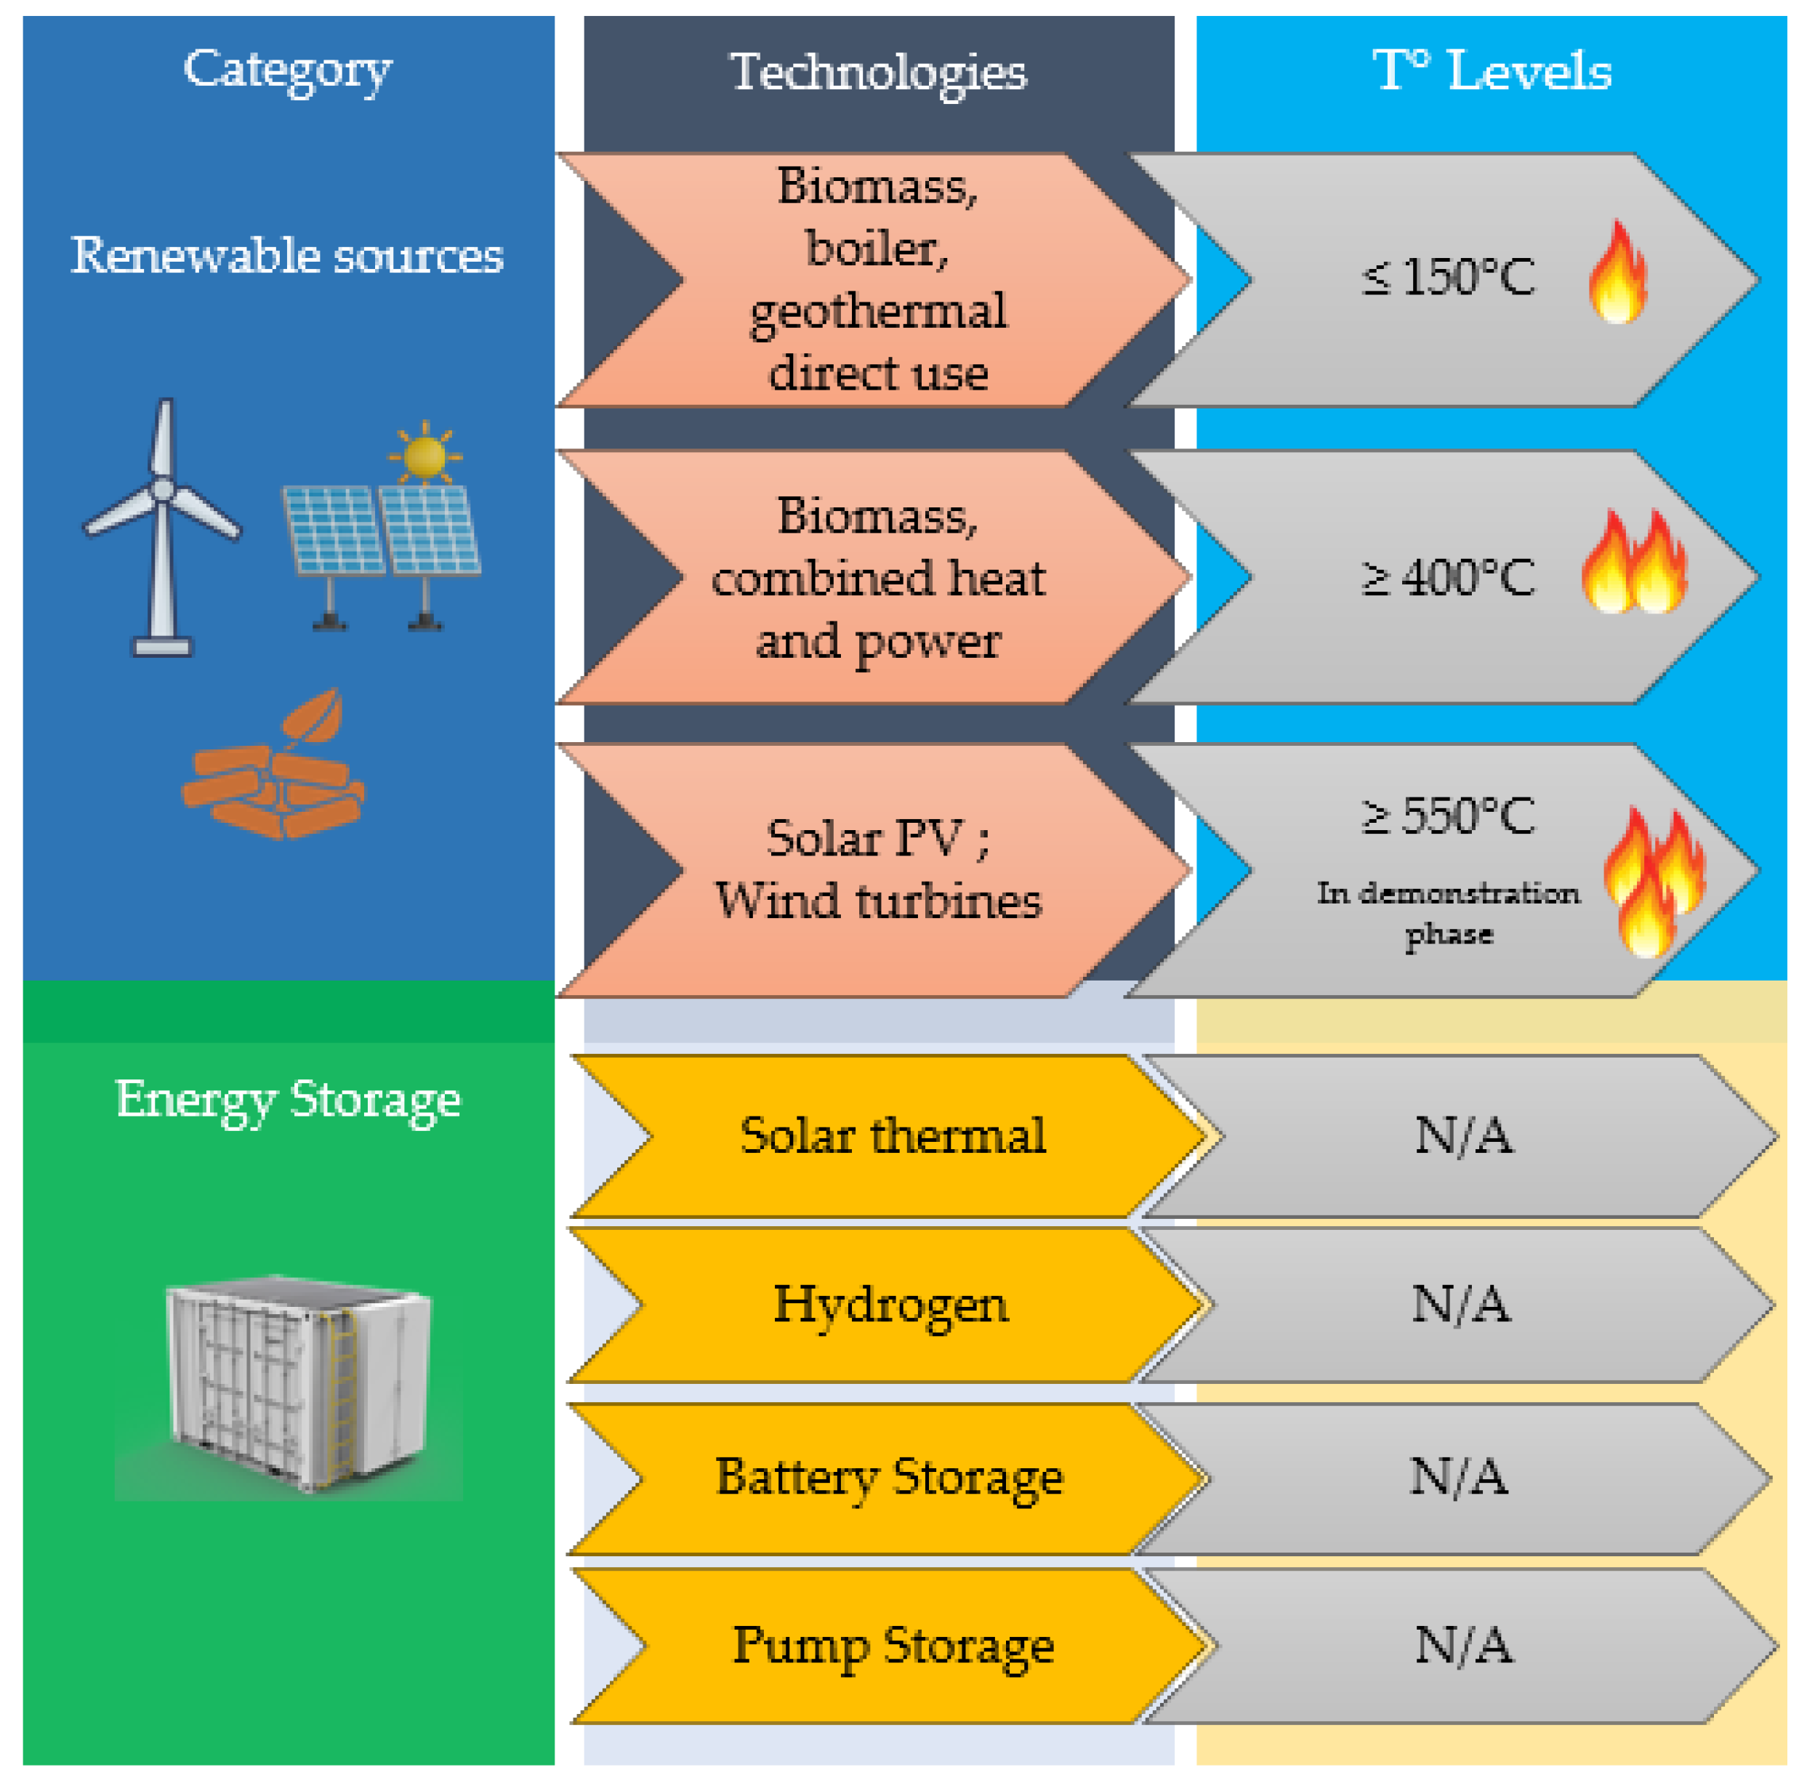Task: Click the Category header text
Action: click(288, 69)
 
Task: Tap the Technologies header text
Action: click(878, 72)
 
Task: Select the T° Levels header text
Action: click(1492, 70)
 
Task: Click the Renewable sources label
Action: click(287, 254)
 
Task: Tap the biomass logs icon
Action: click(273, 772)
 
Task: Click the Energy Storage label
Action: click(288, 1100)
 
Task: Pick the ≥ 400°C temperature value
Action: click(1448, 577)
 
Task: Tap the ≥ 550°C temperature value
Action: click(1448, 816)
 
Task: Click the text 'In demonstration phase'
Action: click(1448, 912)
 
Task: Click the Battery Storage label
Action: click(888, 1477)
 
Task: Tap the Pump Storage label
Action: click(892, 1645)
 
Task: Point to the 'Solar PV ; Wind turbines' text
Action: click(877, 869)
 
